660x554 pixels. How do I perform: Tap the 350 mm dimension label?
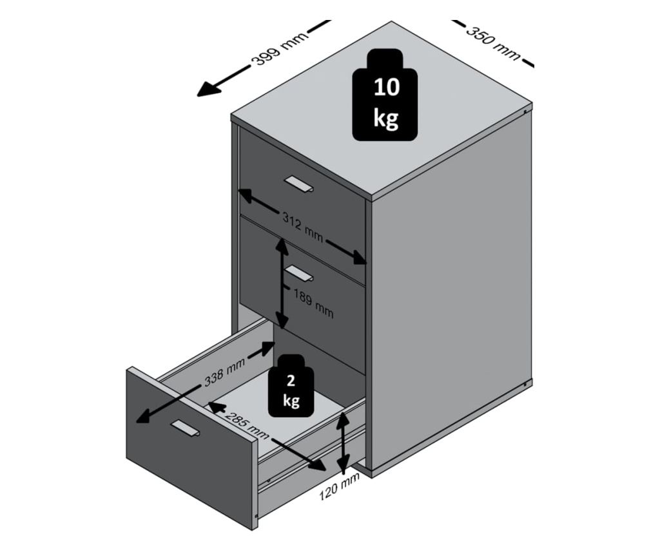tap(493, 43)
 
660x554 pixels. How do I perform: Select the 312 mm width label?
tap(302, 227)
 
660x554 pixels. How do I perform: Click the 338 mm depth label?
tap(224, 373)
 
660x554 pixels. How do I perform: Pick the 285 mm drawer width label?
tap(247, 426)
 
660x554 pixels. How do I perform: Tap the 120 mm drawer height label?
tap(339, 486)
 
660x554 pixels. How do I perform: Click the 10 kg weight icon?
tap(385, 95)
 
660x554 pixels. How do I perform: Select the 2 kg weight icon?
tap(291, 386)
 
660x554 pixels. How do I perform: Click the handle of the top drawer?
tap(299, 184)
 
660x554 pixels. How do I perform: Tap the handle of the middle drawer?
tap(299, 272)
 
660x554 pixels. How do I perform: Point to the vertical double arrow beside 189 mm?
tap(282, 283)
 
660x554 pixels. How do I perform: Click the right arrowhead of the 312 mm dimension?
tap(360, 258)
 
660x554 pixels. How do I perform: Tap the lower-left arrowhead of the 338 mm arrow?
tap(144, 416)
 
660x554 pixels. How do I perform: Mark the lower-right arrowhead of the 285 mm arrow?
tap(318, 465)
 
